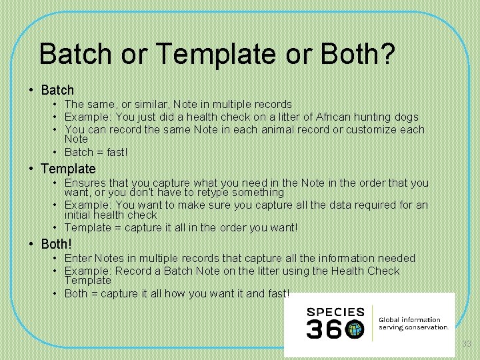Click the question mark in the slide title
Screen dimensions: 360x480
[387, 54]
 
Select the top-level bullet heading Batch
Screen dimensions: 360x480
[57, 89]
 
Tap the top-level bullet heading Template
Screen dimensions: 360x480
[68, 169]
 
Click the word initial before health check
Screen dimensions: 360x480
[78, 215]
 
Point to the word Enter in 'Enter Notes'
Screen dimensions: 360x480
[78, 258]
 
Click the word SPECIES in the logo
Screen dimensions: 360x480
[335, 311]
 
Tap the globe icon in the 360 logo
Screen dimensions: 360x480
[355, 329]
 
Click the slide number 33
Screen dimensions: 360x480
[467, 343]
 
